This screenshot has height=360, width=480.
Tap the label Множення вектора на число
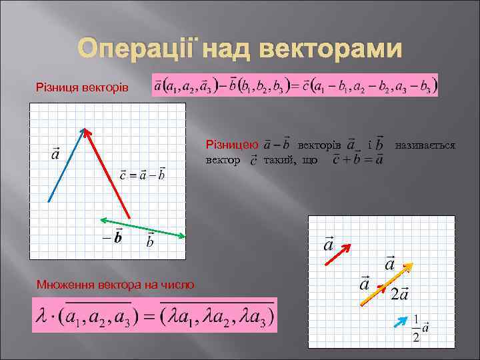[x=115, y=285]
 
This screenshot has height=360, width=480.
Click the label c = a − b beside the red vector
[x=142, y=176]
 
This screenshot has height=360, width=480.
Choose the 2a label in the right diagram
[x=400, y=294]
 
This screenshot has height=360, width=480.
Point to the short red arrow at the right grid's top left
[x=337, y=255]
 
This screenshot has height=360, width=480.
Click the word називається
[x=425, y=144]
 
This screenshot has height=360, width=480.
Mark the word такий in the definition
[x=281, y=160]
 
